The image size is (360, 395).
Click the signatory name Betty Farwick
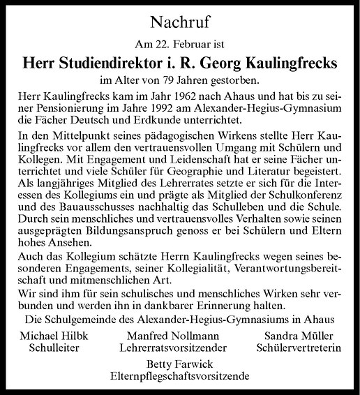point(180,364)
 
